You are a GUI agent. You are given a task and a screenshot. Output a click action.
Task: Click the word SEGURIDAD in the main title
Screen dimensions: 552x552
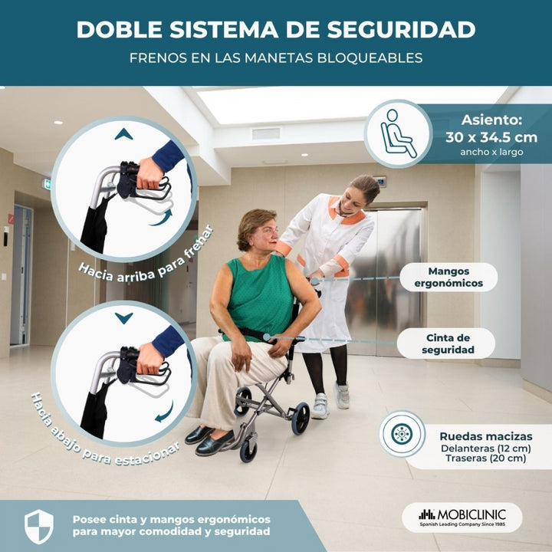pyautogui.click(x=401, y=30)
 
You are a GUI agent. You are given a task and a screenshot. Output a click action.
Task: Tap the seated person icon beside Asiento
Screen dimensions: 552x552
pyautogui.click(x=398, y=133)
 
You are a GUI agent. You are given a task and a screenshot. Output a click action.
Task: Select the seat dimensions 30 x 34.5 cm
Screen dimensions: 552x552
pyautogui.click(x=491, y=137)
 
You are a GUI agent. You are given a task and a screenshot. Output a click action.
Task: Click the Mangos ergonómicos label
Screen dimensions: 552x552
pyautogui.click(x=449, y=277)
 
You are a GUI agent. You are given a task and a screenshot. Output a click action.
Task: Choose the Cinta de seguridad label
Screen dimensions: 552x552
pyautogui.click(x=448, y=343)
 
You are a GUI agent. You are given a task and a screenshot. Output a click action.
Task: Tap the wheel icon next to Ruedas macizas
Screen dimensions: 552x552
pyautogui.click(x=402, y=434)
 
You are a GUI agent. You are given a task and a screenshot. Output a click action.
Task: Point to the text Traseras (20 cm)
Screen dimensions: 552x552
pyautogui.click(x=486, y=458)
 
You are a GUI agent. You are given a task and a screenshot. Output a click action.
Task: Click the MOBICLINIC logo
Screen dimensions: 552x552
pyautogui.click(x=462, y=517)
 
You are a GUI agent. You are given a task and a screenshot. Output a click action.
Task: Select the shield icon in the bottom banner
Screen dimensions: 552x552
pyautogui.click(x=39, y=526)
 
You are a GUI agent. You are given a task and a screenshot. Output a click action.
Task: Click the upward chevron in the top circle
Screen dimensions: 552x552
pyautogui.click(x=123, y=134)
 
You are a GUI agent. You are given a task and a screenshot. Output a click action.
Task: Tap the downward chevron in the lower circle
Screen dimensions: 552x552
pyautogui.click(x=123, y=318)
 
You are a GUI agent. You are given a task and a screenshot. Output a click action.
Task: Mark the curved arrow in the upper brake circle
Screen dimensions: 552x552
pyautogui.click(x=162, y=219)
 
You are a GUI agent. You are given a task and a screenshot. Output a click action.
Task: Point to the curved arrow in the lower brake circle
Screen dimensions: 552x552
pyautogui.click(x=164, y=412)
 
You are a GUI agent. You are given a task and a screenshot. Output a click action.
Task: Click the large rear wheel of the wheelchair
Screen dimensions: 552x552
pyautogui.click(x=301, y=419)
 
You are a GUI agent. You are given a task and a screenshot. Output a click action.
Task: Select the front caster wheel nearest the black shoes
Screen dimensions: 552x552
pyautogui.click(x=248, y=450)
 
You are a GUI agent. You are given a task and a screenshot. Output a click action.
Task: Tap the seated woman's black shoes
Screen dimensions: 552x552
pyautogui.click(x=210, y=440)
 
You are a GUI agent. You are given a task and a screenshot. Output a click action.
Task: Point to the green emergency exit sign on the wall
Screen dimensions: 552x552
pyautogui.click(x=48, y=184)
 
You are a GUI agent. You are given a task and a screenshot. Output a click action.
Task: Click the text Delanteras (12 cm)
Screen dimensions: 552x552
pyautogui.click(x=486, y=449)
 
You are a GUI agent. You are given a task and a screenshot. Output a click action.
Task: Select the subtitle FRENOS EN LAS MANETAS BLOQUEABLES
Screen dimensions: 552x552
pyautogui.click(x=276, y=58)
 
